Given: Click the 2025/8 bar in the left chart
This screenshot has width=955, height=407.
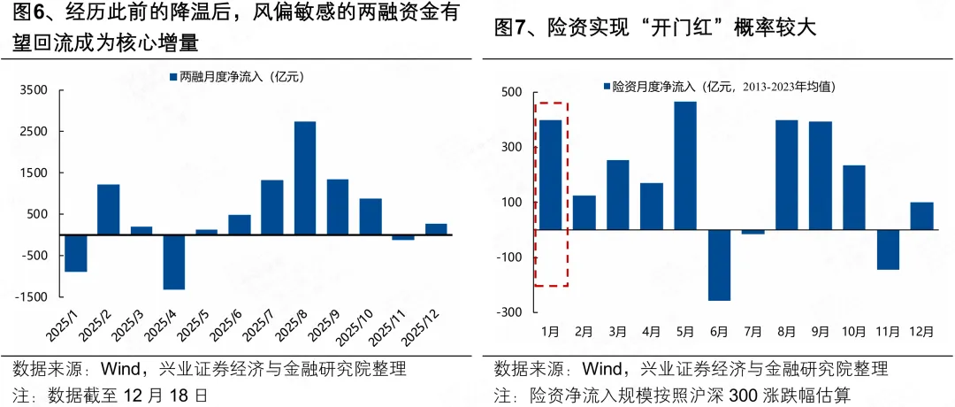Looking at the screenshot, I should point(305,178).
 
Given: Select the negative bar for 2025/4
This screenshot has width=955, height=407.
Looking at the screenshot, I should point(174,262).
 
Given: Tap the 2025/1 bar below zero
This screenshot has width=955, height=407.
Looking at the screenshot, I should point(76,253).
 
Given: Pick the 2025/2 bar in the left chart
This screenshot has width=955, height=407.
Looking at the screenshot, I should point(109,210).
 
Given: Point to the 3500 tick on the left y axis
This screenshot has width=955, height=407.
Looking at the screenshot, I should point(34,90).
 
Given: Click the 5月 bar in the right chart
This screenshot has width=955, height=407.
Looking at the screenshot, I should point(685,165).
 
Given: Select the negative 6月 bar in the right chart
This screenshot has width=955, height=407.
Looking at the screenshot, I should point(719,265).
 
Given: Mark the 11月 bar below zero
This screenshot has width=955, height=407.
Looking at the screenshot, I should point(888,250).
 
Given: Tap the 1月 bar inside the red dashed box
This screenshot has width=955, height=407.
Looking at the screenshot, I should point(551,174).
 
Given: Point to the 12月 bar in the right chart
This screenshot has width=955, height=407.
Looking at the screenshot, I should point(921,216).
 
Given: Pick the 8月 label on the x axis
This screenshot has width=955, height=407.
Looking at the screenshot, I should point(786,333).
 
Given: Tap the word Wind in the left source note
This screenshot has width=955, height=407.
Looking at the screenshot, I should point(121,368).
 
